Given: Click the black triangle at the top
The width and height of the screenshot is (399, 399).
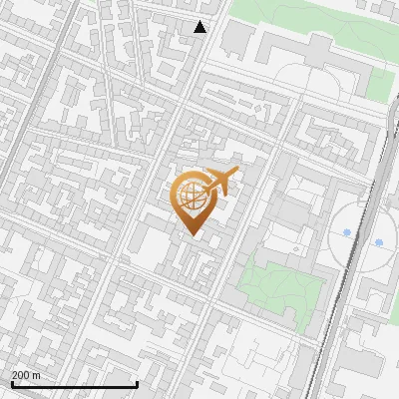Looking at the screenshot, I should point(200,27).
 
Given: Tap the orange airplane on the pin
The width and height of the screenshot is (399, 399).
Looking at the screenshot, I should point(220,182).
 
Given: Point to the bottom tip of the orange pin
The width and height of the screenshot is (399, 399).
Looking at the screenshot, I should point(192,235).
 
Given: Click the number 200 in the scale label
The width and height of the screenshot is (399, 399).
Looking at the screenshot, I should point(20,375).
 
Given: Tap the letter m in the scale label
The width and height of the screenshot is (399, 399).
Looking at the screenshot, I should point(36,375).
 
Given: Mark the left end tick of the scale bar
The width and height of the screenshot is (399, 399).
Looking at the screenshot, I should point(11,383).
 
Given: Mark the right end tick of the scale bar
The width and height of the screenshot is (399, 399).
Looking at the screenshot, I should point(137,383).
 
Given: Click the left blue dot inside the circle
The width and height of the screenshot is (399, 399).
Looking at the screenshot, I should point(346,232).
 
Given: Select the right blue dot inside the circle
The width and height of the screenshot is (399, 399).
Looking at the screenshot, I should point(379,242).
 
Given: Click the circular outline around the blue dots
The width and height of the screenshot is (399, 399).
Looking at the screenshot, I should point(334,237).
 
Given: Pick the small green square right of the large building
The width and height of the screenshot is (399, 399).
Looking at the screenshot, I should point(378,84).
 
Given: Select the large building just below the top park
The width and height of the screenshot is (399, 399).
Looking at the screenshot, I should point(299,55).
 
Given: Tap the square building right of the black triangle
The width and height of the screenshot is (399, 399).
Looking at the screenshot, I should point(236,38).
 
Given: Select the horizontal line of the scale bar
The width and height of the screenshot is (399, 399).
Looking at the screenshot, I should point(74,384).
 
